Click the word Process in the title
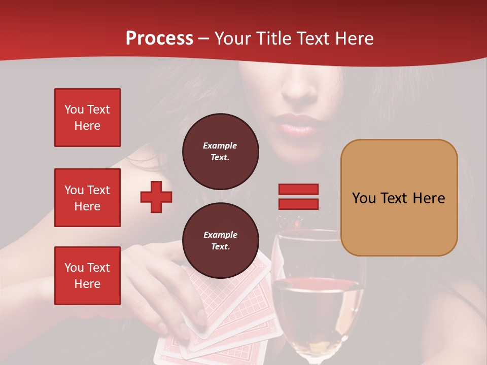coord(159,39)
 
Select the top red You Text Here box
coord(87,118)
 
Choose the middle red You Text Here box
coord(87,198)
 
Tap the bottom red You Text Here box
coord(87,276)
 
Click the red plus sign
coord(156,197)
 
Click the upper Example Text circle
coord(221,151)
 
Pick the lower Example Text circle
coord(221,240)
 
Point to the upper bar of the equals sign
coord(298,189)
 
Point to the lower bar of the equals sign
coord(298,204)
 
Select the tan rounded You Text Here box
coord(399,198)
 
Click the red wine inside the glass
coord(317,309)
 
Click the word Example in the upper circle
coord(220,145)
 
